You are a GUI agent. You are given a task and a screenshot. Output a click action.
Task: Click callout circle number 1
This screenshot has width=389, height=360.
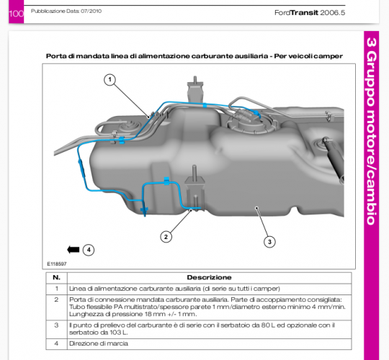[110, 80]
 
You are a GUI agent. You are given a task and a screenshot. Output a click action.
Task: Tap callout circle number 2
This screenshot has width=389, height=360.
[166, 237]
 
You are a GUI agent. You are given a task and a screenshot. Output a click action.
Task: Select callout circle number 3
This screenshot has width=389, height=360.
[269, 241]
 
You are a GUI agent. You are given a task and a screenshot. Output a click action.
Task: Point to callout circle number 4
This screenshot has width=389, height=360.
[89, 250]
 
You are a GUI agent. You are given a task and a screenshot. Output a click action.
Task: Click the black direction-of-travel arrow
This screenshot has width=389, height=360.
[73, 250]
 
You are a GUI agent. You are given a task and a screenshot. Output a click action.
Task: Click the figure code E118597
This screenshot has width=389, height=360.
[57, 264]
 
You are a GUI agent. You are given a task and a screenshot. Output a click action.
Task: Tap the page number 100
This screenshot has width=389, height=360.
[16, 14]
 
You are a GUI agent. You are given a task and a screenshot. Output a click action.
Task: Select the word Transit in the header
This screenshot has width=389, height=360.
[304, 13]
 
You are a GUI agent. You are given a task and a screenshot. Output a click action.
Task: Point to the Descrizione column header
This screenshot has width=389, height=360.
[209, 277]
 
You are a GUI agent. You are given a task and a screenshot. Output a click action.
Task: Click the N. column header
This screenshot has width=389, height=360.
[57, 277]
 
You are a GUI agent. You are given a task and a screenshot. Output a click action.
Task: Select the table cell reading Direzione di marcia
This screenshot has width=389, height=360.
[99, 343]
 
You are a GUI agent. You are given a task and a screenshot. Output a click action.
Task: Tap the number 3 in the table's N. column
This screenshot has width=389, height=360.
[57, 325]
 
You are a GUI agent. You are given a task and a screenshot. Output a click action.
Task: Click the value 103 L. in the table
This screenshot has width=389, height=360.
[119, 333]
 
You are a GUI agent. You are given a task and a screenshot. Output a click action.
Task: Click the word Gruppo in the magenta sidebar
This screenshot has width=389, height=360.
[372, 83]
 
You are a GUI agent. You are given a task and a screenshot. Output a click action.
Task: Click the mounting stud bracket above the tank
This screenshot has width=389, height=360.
[195, 89]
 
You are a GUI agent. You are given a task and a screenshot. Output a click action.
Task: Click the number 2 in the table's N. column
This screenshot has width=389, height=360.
[57, 300]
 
